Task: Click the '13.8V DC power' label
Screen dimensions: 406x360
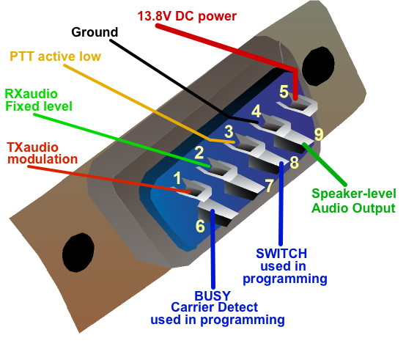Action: pos(187,16)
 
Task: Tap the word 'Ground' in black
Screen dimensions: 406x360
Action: pos(95,32)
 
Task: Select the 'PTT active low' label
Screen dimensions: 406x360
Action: pos(55,56)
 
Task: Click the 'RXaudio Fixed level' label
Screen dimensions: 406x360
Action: pos(39,100)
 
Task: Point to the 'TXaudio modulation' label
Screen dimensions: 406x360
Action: pos(43,153)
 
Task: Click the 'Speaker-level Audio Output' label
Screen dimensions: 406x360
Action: pos(354,201)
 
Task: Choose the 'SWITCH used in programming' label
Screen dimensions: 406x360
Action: pos(285,266)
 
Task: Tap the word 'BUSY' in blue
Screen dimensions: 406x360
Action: pos(213,295)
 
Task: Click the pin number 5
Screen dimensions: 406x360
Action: pos(284,92)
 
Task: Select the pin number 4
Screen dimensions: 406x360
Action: pos(256,111)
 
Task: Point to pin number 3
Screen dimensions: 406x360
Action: pos(229,131)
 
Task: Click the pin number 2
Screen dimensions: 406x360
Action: pos(199,153)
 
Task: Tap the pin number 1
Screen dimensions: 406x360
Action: pos(177,178)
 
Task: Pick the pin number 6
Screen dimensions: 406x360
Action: pos(200,226)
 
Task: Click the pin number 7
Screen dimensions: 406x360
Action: pos(269,185)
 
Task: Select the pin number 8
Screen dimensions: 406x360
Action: pos(294,162)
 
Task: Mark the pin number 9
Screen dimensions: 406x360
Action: pos(319,134)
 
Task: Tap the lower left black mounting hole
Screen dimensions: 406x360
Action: pos(78,252)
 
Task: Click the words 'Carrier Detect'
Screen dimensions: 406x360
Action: pos(215,307)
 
